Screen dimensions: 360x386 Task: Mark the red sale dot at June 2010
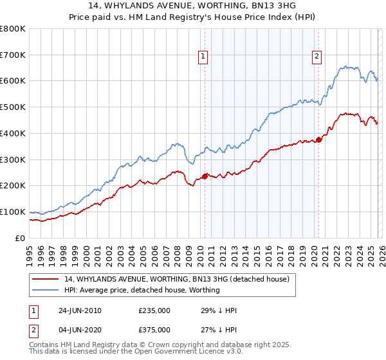tap(205, 176)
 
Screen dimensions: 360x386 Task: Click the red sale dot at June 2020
tap(318, 139)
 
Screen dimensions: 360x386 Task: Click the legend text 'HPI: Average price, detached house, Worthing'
tap(142, 290)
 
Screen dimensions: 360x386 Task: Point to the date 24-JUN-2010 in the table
tap(80, 310)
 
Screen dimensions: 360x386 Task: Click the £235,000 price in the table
tap(154, 310)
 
